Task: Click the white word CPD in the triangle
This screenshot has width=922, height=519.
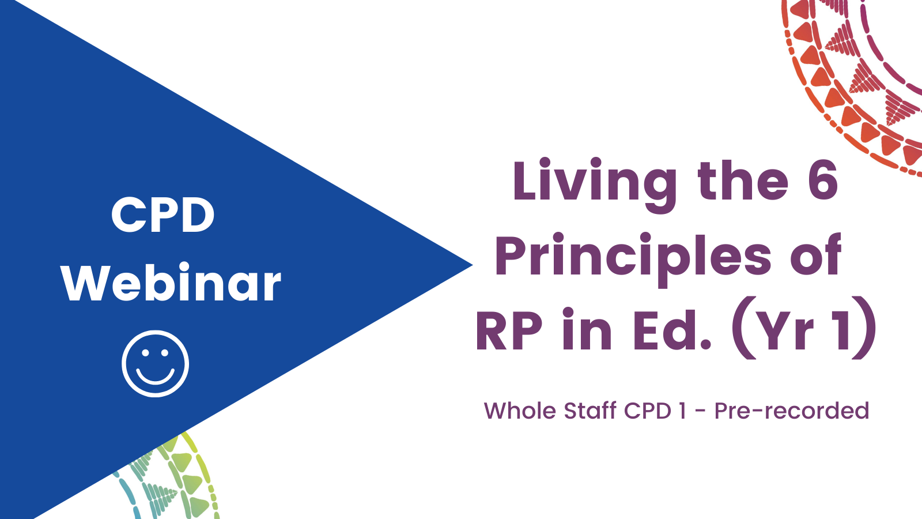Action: (163, 215)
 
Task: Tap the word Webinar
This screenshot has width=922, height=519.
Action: (171, 282)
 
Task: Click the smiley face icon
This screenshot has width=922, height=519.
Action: (155, 364)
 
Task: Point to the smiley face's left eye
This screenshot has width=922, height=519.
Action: (145, 352)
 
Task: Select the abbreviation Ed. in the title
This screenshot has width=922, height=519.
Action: (672, 329)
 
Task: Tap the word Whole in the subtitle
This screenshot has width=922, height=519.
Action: (519, 410)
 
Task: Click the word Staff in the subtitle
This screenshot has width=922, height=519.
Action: (590, 410)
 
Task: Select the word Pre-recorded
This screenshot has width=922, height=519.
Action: (792, 410)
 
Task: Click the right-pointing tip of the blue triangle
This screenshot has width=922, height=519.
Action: (472, 265)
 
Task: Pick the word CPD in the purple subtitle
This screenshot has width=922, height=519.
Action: (648, 411)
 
